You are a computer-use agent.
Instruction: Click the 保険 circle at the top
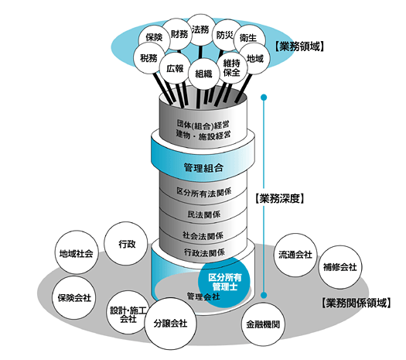(154, 38)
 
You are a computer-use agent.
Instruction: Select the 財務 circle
(179, 34)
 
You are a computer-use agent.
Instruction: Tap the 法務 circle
(200, 29)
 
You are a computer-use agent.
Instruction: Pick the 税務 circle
(149, 58)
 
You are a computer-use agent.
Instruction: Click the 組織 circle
(203, 74)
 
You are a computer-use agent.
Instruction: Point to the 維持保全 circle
(232, 68)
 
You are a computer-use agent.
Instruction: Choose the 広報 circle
(175, 68)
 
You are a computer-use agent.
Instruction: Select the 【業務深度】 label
(279, 198)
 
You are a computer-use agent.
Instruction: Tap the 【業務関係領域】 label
(356, 303)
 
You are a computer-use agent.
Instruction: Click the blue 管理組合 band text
(203, 168)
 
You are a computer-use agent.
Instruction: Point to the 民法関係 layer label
(204, 214)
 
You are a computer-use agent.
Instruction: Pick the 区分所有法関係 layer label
(204, 192)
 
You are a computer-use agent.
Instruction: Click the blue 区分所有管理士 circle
(224, 283)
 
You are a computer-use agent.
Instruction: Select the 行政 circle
(126, 244)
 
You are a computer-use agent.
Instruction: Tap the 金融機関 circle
(263, 324)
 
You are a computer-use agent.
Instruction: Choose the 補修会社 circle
(339, 267)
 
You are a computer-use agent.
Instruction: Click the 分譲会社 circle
(170, 324)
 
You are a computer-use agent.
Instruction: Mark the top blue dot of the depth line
(264, 98)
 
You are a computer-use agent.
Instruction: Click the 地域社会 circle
(77, 252)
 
